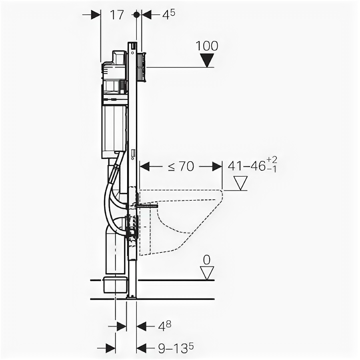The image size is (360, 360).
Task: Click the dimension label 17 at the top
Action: tap(116, 15)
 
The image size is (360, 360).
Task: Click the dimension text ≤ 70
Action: tap(181, 166)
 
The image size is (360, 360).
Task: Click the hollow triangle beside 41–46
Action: tap(241, 183)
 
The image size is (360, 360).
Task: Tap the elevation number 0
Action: tap(206, 260)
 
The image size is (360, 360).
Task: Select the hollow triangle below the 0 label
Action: tap(207, 273)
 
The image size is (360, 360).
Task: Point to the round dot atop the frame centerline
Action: tap(136, 15)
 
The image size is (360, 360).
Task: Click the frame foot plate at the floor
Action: tap(131, 297)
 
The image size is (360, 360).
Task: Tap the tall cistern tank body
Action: tap(114, 128)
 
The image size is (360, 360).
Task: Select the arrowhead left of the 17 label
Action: tap(96, 15)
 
